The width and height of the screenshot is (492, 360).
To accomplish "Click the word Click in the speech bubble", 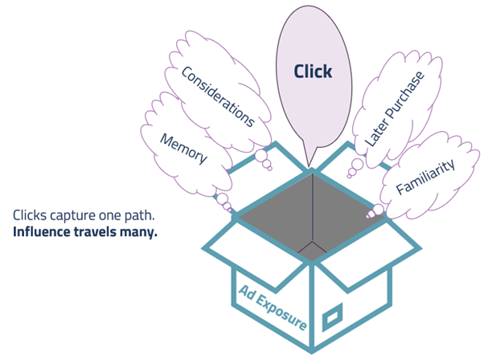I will point(313,72).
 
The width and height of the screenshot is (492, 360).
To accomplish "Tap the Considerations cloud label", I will point(218,97).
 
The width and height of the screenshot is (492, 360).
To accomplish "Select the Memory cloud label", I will point(184,147).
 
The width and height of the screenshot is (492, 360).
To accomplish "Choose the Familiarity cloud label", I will point(426,178).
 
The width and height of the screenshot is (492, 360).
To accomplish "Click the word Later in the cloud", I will point(376,133).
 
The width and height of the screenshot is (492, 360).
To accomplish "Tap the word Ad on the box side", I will point(245,291).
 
